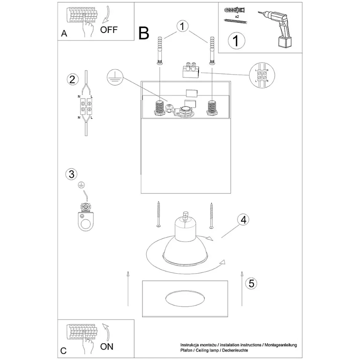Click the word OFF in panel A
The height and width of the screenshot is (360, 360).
point(109,30)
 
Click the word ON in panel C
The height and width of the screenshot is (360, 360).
point(107,347)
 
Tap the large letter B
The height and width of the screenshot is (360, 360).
point(144,33)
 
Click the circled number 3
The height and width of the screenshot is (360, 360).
point(71,174)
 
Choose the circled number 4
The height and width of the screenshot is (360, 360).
point(243,220)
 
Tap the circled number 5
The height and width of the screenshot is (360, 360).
point(251,284)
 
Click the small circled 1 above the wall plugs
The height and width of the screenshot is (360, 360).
point(183,26)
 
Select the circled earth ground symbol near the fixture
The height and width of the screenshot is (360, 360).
point(115,76)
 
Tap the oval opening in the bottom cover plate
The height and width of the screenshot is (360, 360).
point(185,298)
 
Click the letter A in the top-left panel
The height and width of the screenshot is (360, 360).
point(64,34)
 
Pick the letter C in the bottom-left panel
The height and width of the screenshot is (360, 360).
point(63,350)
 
